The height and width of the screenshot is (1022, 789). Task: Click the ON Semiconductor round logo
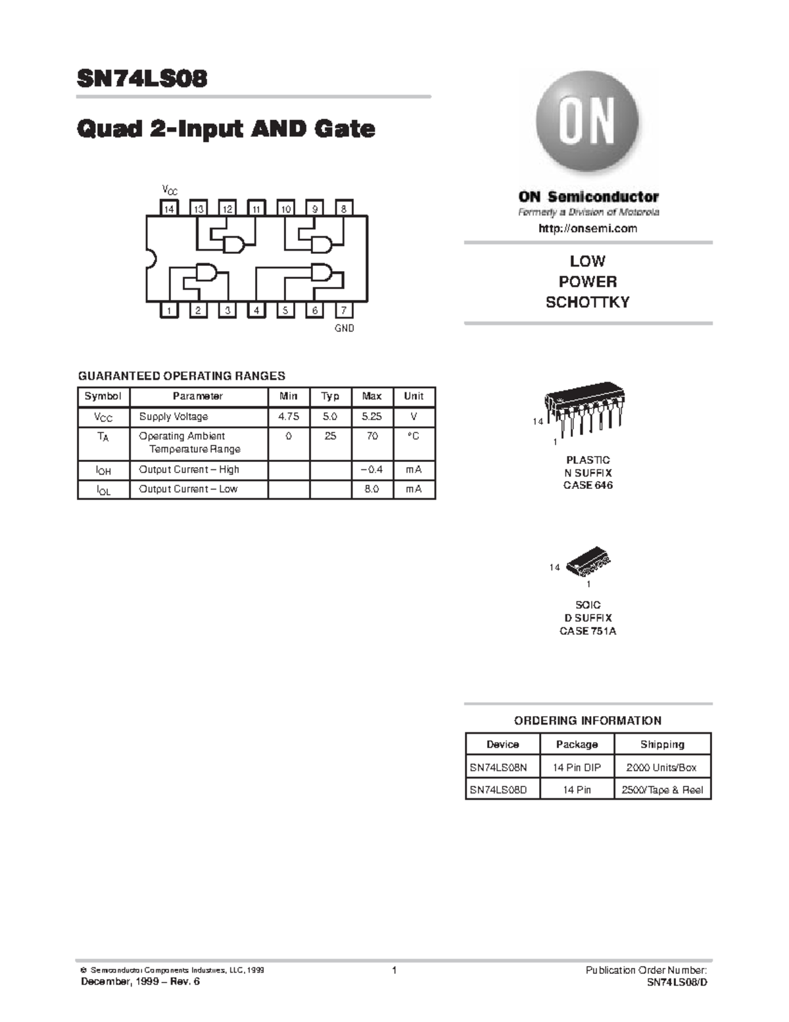(x=587, y=122)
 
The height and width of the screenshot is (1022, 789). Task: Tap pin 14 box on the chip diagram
(x=170, y=209)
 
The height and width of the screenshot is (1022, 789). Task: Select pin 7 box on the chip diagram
(x=344, y=310)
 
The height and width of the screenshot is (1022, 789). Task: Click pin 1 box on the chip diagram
(x=170, y=310)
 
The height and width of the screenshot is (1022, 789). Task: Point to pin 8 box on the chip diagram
(x=344, y=209)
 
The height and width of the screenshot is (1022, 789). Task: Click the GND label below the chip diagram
(x=345, y=328)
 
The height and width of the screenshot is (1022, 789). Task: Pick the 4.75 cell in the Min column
(x=289, y=417)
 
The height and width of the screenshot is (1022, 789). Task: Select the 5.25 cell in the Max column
(x=371, y=417)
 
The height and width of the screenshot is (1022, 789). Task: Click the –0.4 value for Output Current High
(x=371, y=469)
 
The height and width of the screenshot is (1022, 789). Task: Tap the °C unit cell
(x=414, y=436)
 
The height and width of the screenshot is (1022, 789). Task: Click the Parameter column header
(x=198, y=396)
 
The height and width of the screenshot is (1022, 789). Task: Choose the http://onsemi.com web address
(x=588, y=228)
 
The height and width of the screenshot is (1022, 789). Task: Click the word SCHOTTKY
(x=588, y=302)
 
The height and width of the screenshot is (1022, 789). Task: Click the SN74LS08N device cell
(x=498, y=767)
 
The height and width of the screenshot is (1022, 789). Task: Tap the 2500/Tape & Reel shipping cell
(x=662, y=790)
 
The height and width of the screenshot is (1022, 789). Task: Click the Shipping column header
(x=662, y=744)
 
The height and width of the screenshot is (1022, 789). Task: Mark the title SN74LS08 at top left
(x=142, y=79)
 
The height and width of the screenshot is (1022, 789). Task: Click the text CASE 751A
(x=588, y=631)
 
